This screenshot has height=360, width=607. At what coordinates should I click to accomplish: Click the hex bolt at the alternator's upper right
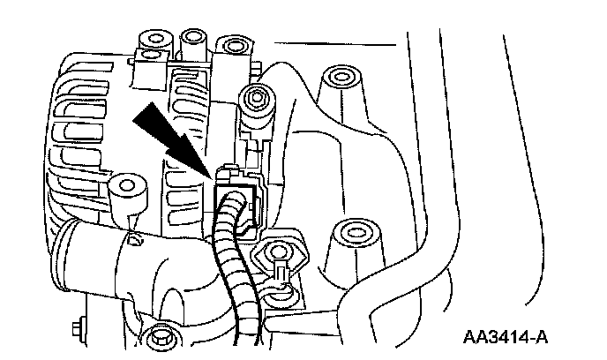pyautogui.click(x=256, y=96)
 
